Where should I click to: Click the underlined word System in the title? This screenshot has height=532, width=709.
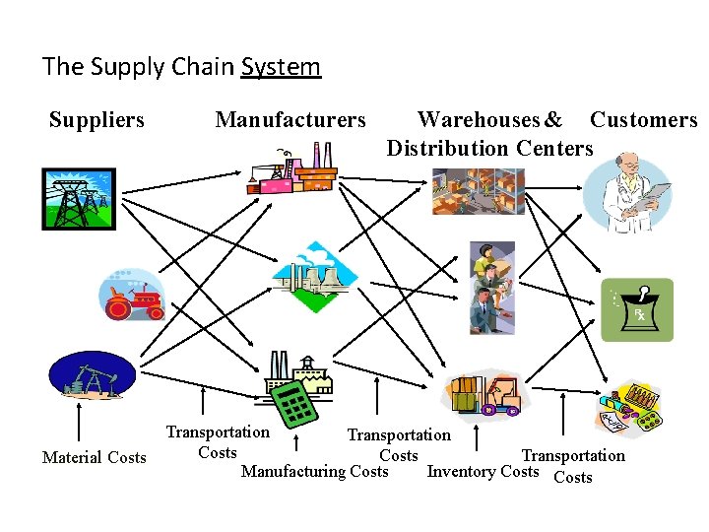(281, 67)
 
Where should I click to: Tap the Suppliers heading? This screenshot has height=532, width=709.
(97, 120)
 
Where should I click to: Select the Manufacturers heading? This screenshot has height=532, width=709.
(290, 120)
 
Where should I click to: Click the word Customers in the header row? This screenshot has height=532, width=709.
(643, 120)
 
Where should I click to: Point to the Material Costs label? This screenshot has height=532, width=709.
(94, 457)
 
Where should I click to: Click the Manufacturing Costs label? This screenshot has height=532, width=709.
(315, 471)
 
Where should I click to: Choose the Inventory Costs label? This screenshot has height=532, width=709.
(483, 471)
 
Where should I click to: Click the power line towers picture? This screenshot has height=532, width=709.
(78, 199)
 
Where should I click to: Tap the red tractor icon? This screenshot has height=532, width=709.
(132, 294)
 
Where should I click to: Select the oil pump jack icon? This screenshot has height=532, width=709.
(93, 375)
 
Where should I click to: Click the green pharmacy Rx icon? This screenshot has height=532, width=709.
(637, 309)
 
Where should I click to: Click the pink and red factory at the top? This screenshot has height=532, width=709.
(291, 170)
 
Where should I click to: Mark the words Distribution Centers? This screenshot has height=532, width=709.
(489, 149)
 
